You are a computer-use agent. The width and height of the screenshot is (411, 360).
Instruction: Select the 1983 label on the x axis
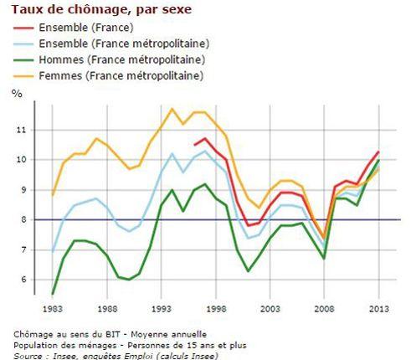(x=52, y=310)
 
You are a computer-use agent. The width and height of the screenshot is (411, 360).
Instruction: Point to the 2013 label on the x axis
(x=378, y=310)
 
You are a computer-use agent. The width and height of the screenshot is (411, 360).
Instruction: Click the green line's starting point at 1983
(x=52, y=294)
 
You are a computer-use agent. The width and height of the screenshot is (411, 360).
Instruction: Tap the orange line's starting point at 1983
(x=52, y=194)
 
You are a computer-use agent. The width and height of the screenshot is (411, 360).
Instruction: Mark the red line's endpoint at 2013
(x=378, y=152)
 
